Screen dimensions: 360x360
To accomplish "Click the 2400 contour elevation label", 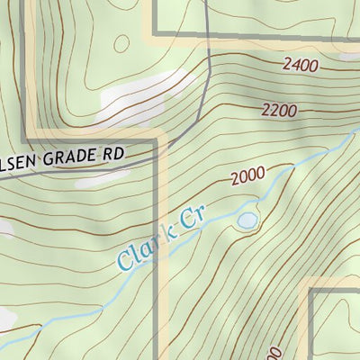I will point(300,65).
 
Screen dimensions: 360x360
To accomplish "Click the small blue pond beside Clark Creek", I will point(247,220).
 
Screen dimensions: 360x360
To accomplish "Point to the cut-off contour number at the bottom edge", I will point(275,353).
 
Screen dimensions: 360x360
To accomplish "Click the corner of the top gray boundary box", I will point(154,35).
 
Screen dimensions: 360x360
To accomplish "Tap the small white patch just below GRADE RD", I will point(99,178).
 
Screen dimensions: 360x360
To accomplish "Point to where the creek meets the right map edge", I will point(356,130).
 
